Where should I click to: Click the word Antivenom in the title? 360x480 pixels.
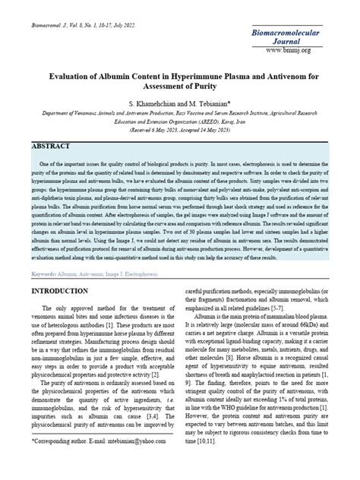click(x=273, y=77)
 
